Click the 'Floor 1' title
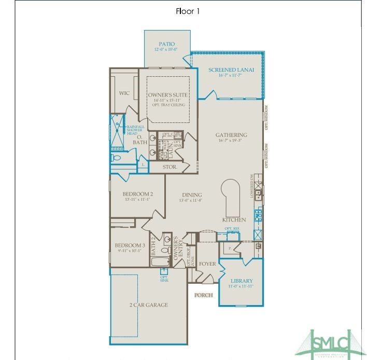(x=187, y=10)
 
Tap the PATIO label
(x=167, y=44)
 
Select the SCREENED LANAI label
(x=231, y=70)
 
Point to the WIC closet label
(x=124, y=93)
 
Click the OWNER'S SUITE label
(x=167, y=95)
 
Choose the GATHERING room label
(x=231, y=135)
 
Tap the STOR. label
(x=170, y=168)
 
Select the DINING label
(x=191, y=195)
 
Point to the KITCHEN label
(x=234, y=220)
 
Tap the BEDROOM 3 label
(x=130, y=245)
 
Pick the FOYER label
(x=207, y=264)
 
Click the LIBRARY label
(x=242, y=281)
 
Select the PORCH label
(x=203, y=295)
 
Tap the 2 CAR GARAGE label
(x=149, y=305)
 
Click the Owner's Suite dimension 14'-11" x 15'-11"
(x=167, y=101)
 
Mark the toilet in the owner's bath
(x=116, y=157)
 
